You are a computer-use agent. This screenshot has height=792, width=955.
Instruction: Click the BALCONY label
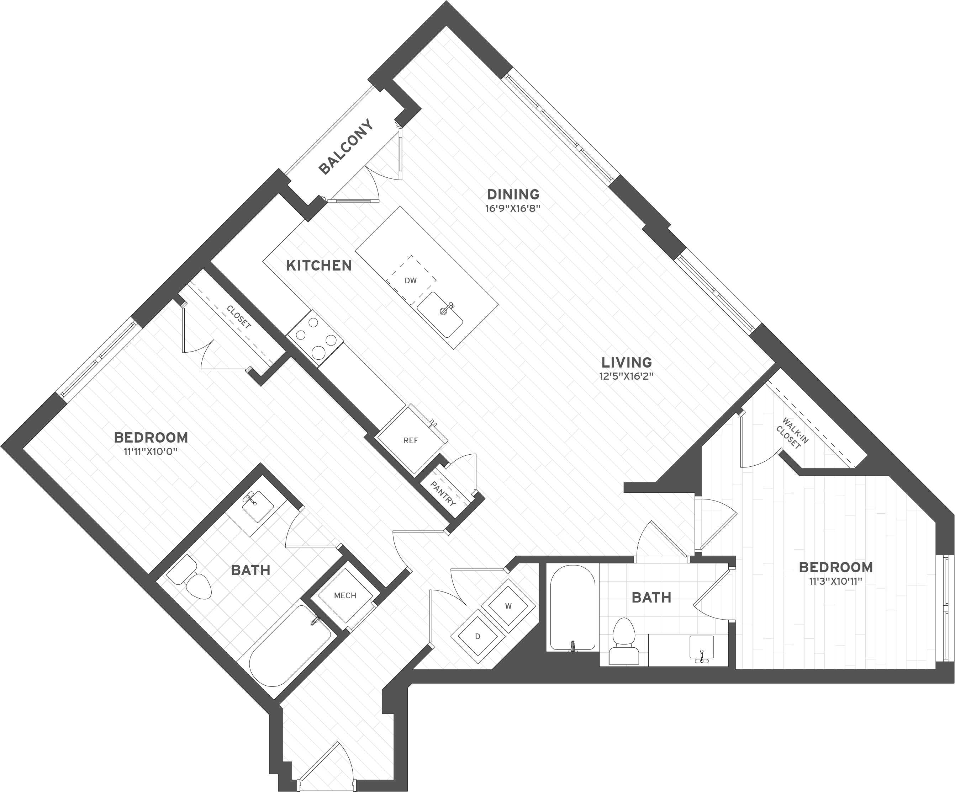(346, 147)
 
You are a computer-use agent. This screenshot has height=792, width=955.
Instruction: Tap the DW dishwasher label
(411, 281)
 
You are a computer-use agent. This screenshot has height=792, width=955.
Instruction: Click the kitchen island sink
(440, 315)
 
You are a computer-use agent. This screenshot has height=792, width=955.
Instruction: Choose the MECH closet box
(345, 595)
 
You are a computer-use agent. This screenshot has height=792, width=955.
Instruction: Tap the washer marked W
(508, 606)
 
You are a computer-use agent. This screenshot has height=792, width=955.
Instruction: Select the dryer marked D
(478, 637)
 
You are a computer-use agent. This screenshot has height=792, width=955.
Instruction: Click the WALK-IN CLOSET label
(792, 433)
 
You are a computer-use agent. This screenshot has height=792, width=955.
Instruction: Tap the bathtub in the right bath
(573, 608)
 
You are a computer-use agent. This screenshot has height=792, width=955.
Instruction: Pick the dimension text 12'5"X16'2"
(627, 376)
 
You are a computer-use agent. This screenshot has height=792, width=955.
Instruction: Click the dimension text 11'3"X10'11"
(835, 581)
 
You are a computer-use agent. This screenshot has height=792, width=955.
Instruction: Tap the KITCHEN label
(319, 266)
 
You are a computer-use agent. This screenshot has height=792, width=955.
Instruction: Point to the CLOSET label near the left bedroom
(239, 317)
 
